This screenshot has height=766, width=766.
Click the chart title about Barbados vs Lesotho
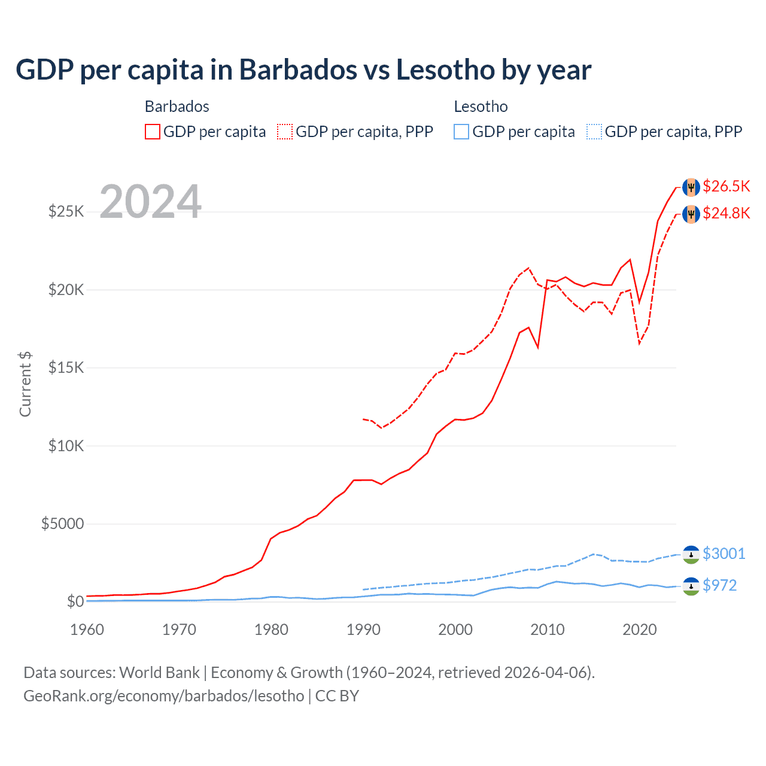pos(303,70)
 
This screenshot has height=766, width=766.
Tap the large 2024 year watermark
pos(150,202)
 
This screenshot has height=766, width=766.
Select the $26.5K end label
pos(726,187)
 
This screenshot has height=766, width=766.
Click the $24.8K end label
pos(726,214)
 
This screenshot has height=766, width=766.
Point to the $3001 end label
pos(724,554)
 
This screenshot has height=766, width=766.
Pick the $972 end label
pos(719,585)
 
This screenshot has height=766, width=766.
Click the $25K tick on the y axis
pos(66,212)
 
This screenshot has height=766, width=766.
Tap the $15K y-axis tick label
pos(66,368)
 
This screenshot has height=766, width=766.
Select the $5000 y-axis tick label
pos(62,524)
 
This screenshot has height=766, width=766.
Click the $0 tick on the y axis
pos(75,602)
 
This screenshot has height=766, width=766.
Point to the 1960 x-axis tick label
pos(87,630)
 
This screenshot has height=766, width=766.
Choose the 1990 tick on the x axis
pos(363,630)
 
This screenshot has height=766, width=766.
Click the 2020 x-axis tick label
pos(640,630)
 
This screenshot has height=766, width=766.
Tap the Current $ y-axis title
pos(25,384)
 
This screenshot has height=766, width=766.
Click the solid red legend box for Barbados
pos(153,132)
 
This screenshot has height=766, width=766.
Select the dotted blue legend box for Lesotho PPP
pos(594,132)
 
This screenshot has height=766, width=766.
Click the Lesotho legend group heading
pos(481,107)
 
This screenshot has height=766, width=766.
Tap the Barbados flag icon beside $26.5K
pos(691,187)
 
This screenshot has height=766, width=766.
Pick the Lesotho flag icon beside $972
pos(691,586)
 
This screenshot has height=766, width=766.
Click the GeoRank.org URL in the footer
pos(163,696)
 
